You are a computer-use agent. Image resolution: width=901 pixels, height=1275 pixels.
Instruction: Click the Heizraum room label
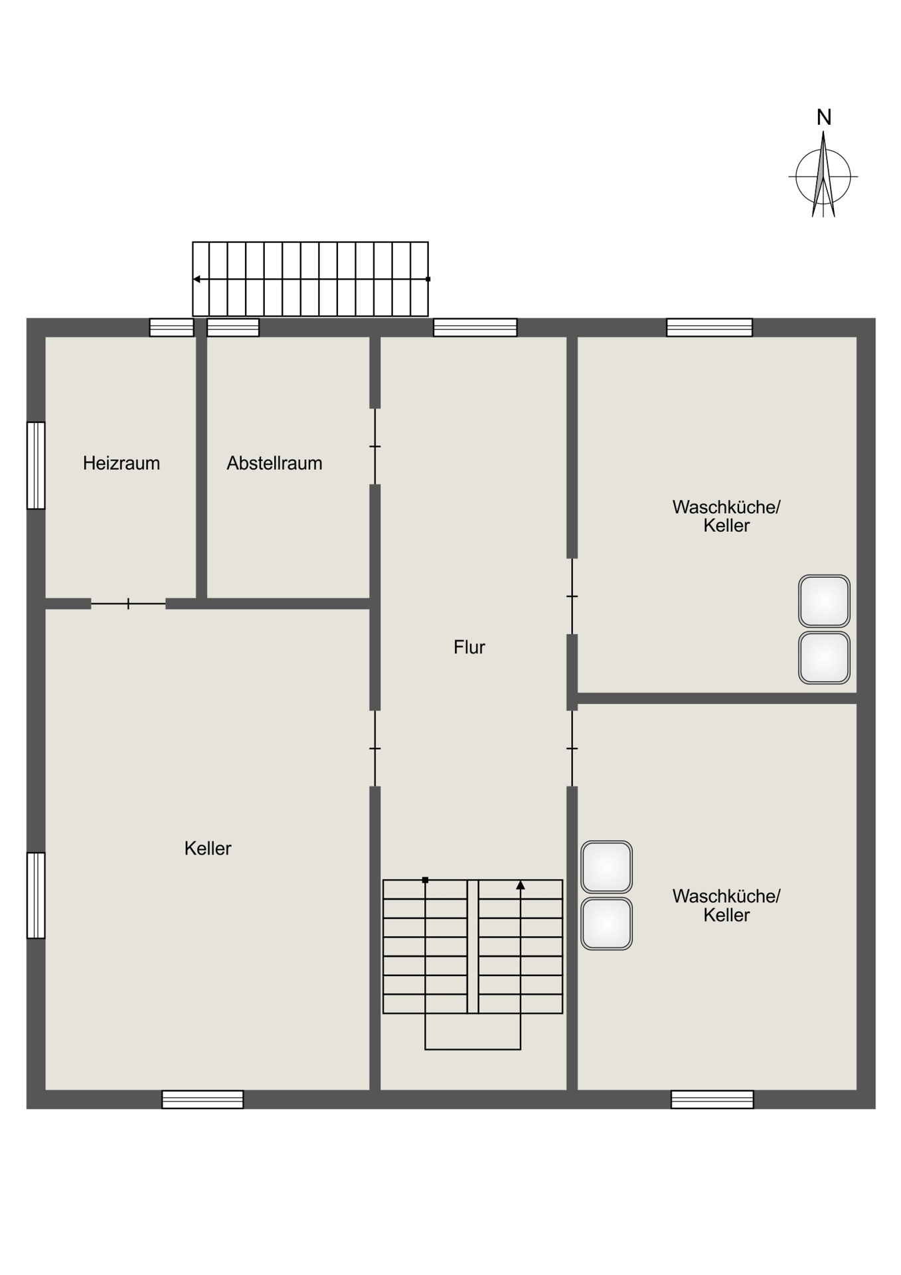122,463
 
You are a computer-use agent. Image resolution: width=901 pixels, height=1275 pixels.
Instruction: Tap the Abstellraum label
274,463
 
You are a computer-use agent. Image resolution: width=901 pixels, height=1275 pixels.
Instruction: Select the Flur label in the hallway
469,647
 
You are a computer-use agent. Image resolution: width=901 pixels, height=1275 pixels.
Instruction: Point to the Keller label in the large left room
208,848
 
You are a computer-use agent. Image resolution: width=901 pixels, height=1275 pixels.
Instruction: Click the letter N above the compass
823,118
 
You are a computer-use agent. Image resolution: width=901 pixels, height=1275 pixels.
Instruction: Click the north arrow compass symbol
823,175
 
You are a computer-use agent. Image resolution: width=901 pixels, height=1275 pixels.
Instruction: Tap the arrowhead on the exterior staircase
197,279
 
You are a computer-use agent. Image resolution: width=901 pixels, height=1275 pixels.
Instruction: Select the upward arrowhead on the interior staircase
521,885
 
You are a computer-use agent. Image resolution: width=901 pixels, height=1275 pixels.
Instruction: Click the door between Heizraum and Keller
128,604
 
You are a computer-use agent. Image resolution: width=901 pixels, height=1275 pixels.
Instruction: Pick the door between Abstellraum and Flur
375,446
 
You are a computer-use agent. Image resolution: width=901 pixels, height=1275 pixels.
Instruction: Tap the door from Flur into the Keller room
375,748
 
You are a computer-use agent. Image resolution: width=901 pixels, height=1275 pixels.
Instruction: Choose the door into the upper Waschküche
572,596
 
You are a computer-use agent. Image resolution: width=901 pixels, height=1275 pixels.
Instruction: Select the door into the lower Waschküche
572,748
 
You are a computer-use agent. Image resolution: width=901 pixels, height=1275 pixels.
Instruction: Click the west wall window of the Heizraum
36,466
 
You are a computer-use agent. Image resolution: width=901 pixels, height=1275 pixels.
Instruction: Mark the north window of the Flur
475,327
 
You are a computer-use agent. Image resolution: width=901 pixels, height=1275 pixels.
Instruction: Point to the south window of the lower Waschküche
712,1099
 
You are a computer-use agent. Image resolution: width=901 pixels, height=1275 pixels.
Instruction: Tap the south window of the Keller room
203,1099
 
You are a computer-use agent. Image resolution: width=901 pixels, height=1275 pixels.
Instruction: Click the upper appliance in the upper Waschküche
824,601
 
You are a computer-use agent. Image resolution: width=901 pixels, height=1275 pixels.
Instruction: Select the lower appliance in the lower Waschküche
606,924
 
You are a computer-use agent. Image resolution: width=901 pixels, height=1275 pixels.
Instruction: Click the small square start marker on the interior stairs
425,880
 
